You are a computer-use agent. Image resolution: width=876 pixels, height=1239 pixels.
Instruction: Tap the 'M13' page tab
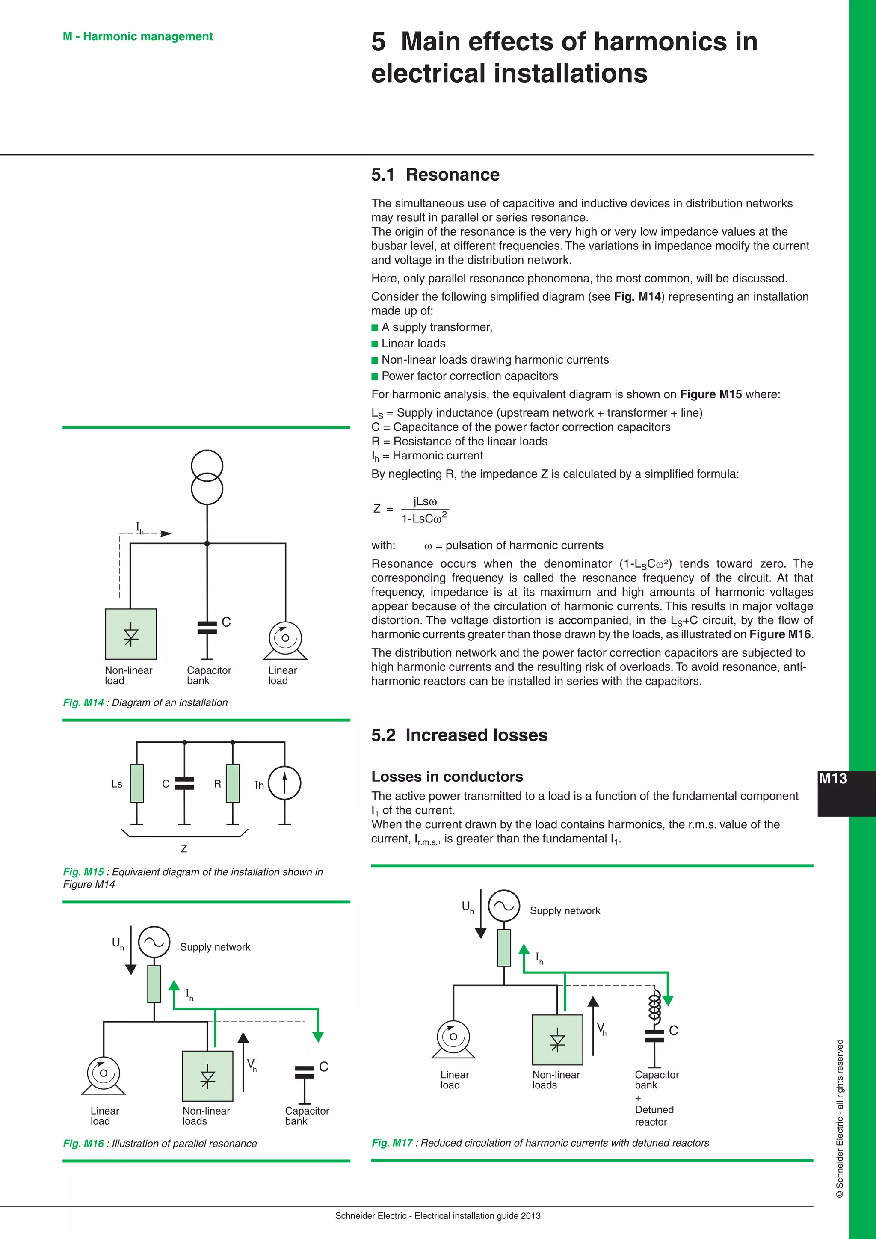pos(833,778)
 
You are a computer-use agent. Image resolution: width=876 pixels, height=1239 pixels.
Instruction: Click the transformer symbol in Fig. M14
pos(207,477)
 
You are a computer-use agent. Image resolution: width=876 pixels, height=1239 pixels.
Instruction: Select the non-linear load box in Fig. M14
pos(130,634)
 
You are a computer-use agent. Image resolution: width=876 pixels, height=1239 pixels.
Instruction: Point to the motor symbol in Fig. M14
pos(285,640)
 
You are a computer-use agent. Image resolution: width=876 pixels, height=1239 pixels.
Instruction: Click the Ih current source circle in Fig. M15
pos(284,783)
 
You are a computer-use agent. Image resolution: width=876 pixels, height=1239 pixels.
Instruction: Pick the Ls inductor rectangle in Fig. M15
pos(137,783)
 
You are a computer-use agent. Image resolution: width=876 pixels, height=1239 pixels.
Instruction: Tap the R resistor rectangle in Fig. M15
pos(233,783)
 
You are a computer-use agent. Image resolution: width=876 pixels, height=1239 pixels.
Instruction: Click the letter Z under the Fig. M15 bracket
pos(184,849)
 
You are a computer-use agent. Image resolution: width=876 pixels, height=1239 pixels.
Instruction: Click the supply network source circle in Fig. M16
pos(154,942)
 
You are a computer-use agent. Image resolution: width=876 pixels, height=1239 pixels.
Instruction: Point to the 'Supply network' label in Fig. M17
pos(565,911)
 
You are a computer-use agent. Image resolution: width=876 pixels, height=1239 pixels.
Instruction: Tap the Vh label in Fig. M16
pos(252,1065)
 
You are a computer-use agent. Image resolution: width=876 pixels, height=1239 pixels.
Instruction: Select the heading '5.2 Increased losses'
pos(459,735)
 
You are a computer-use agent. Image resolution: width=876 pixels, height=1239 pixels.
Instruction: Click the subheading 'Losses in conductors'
pos(447,777)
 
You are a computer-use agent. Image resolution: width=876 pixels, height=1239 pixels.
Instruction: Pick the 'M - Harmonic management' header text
pos(138,36)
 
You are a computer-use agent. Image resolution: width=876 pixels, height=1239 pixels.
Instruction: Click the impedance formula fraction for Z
pos(424,510)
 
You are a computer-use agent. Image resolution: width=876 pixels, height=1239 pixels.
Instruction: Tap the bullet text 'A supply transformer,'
pos(436,328)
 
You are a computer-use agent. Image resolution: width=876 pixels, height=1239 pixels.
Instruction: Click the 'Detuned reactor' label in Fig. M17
pos(654,1116)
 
